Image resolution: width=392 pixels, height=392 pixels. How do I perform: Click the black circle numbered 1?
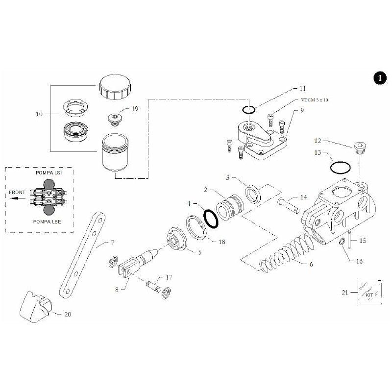tap(378, 78)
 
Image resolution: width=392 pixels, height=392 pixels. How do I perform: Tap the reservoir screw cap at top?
tap(116, 87)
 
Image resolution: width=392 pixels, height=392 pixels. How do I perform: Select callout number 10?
tap(40, 114)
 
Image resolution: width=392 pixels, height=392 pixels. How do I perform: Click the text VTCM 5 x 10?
tap(314, 100)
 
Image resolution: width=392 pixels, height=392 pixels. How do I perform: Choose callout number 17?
tap(169, 277)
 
